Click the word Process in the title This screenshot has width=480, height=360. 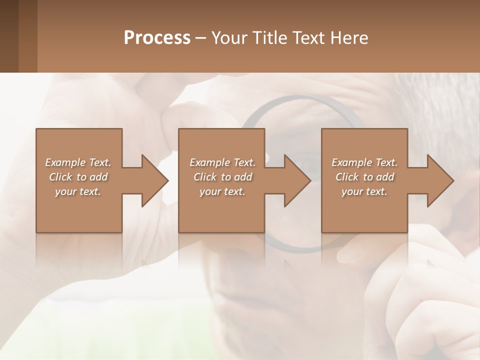coord(157,38)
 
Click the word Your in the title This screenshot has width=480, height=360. coord(230,38)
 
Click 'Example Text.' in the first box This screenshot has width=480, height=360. coord(78,162)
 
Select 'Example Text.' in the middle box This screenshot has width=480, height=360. coord(222,162)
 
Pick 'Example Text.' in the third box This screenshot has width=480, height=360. coord(364,162)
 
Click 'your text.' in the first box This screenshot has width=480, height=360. coord(78,191)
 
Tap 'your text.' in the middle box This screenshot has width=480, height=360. coord(222,191)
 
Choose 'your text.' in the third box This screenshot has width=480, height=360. coord(364,191)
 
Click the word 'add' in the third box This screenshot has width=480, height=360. coord(385,177)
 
